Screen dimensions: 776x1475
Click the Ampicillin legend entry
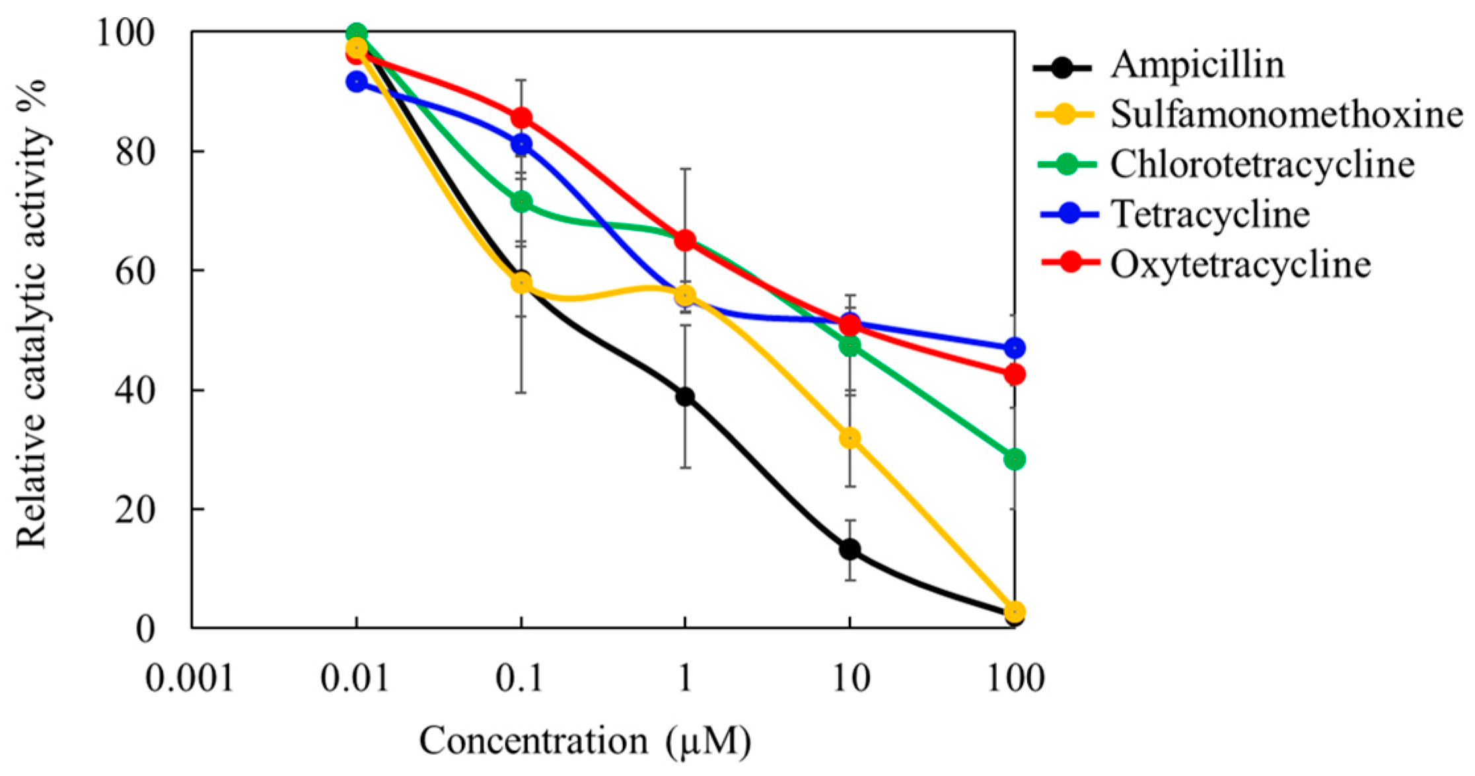(1197, 65)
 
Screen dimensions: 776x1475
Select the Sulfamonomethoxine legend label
(1285, 115)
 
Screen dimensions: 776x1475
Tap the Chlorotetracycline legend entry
(1262, 164)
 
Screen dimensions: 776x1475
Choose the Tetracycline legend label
(1210, 214)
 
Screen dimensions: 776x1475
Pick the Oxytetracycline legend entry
(1240, 264)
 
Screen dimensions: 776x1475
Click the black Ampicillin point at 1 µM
(685, 397)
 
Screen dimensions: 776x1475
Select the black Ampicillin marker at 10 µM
(850, 549)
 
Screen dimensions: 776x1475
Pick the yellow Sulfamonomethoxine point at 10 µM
(850, 438)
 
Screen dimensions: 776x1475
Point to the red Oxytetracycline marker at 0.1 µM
(521, 118)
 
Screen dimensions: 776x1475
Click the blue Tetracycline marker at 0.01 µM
(357, 82)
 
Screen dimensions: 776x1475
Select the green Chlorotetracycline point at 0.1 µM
(521, 201)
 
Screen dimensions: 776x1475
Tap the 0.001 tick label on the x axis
(190, 678)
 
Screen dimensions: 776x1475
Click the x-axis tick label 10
(850, 678)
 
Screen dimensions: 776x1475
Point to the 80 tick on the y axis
(135, 152)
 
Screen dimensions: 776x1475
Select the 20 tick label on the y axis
(135, 510)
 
